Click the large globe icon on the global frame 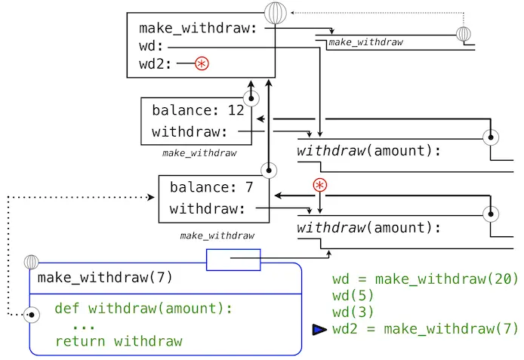[x=276, y=14]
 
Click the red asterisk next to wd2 [x=202, y=64]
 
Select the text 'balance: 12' [x=198, y=110]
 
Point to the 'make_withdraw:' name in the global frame [x=198, y=29]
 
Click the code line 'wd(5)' [x=350, y=295]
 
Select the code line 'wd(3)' [x=350, y=312]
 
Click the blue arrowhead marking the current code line [x=319, y=329]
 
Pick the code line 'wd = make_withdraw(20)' [x=425, y=278]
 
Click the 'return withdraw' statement [x=119, y=341]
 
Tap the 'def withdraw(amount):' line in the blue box [x=143, y=308]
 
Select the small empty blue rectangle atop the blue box [x=233, y=259]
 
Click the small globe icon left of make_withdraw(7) [x=31, y=262]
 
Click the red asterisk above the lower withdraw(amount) [x=320, y=186]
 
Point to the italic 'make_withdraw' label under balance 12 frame [x=199, y=152]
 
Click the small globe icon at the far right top [x=464, y=34]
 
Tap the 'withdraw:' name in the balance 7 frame [x=207, y=209]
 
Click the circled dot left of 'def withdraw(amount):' [x=32, y=315]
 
